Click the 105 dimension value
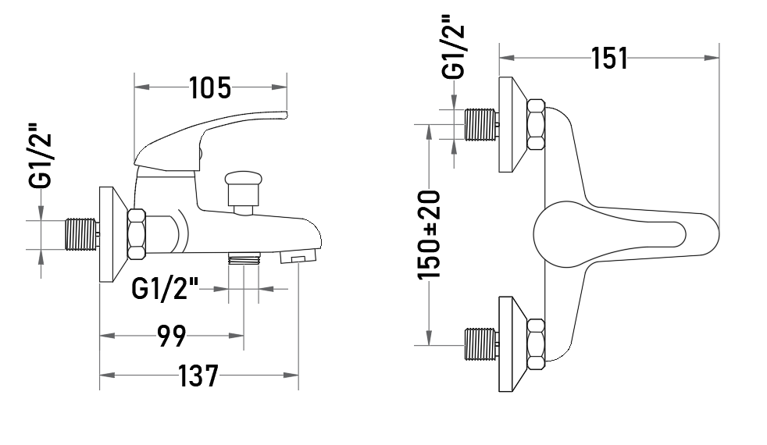[210, 88]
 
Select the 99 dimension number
[172, 336]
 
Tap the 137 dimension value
[198, 376]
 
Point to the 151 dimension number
[609, 59]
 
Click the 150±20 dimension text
[429, 235]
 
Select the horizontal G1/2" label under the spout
[165, 289]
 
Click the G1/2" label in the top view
[453, 48]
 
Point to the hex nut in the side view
[137, 234]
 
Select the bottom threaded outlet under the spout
[244, 258]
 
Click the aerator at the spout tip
[298, 256]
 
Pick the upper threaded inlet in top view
[481, 125]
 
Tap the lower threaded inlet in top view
[481, 344]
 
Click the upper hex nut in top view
[536, 125]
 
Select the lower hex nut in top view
[536, 344]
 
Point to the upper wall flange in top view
[512, 125]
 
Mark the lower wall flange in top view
[512, 344]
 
